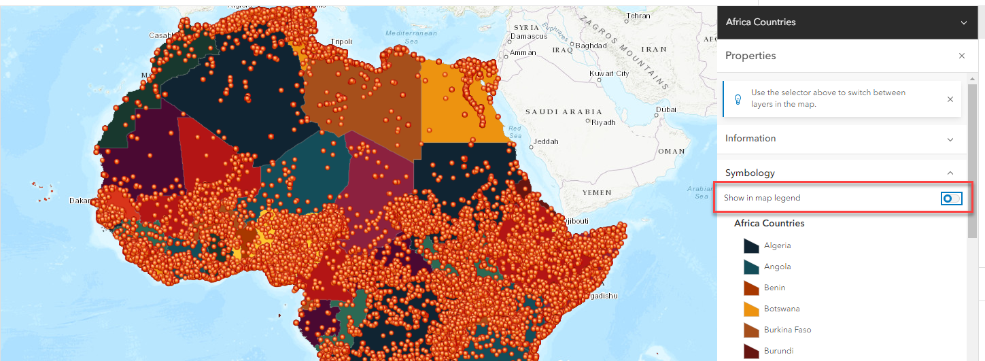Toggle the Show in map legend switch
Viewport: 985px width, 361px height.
952,198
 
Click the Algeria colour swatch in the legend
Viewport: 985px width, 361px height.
751,245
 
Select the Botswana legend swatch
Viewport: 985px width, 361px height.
751,309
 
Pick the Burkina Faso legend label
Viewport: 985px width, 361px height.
787,330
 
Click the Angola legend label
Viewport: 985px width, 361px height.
777,267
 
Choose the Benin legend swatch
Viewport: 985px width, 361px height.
751,288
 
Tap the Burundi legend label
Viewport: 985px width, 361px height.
778,351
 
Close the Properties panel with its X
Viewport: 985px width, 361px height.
961,56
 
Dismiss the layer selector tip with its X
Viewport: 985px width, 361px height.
950,99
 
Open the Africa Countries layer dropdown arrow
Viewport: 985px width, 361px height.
963,22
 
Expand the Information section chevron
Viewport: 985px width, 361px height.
950,139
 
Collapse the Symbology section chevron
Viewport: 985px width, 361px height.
950,173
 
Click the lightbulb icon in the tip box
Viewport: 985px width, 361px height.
738,99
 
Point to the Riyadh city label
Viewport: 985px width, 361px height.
603,122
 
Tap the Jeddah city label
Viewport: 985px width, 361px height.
546,141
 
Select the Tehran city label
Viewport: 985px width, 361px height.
638,16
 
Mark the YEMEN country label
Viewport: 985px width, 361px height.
598,192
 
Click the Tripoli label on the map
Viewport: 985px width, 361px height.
341,41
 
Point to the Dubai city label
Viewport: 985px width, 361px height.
666,109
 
